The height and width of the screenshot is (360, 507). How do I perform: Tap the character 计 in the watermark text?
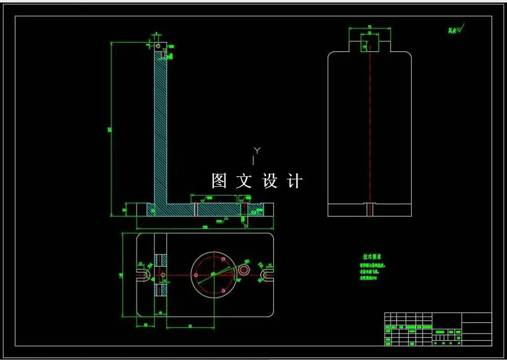click(x=296, y=181)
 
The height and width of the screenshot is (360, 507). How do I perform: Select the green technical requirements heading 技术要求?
click(x=372, y=256)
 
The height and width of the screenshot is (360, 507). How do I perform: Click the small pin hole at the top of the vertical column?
click(x=158, y=45)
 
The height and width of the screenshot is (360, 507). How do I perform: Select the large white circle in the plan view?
click(x=214, y=275)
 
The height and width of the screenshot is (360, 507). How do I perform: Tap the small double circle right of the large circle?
click(x=245, y=270)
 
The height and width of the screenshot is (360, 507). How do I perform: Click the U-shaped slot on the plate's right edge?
click(x=268, y=273)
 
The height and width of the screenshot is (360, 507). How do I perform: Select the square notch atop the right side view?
click(x=369, y=43)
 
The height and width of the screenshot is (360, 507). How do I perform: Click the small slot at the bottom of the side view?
click(x=369, y=210)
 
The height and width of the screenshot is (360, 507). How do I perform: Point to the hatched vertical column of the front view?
click(x=161, y=130)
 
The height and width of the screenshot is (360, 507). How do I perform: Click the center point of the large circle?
click(x=214, y=275)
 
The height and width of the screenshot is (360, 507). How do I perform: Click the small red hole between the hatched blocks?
click(x=162, y=273)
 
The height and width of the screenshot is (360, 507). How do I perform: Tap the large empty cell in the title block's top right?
click(x=477, y=318)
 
